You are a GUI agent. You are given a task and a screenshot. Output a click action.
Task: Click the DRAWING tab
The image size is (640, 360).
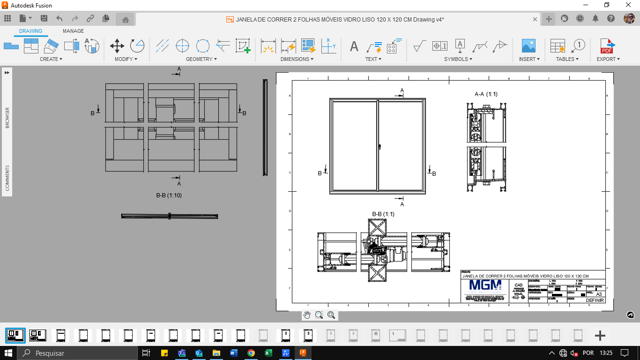point(30,31)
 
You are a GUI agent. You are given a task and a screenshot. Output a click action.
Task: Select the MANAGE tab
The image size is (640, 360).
point(73,31)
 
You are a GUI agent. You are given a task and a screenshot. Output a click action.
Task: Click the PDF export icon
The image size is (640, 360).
point(608,46)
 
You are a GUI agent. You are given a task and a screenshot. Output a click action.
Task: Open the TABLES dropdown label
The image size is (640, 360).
point(567,59)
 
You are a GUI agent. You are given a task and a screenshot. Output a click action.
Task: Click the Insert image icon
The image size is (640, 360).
point(528,46)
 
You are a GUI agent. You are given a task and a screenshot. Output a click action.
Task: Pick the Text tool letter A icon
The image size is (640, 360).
point(354,46)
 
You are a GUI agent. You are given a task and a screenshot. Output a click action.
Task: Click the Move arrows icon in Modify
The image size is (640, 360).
point(117,46)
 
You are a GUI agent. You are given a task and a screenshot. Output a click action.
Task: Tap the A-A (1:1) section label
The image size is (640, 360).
point(486,94)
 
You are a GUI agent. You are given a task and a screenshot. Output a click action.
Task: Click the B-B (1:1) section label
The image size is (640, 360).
point(383,214)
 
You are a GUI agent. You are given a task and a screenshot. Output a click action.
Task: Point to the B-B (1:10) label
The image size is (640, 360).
point(169,195)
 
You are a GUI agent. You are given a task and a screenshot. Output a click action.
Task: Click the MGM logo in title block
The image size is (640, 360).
point(485,285)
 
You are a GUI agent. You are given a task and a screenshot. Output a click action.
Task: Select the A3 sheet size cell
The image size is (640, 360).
point(599,294)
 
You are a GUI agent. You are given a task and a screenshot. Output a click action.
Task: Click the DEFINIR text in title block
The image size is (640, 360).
point(595,300)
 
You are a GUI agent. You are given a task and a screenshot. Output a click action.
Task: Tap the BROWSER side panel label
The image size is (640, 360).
point(7,118)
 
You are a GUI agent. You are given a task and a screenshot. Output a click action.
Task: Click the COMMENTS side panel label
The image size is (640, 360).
point(7,178)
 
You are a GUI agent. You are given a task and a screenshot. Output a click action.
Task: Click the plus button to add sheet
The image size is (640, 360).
point(600,336)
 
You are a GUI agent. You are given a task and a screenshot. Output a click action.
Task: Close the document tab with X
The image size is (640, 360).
point(535,19)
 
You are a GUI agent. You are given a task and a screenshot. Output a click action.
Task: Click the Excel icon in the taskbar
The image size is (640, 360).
point(268,353)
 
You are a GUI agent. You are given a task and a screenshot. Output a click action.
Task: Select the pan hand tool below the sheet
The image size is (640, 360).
point(307,315)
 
